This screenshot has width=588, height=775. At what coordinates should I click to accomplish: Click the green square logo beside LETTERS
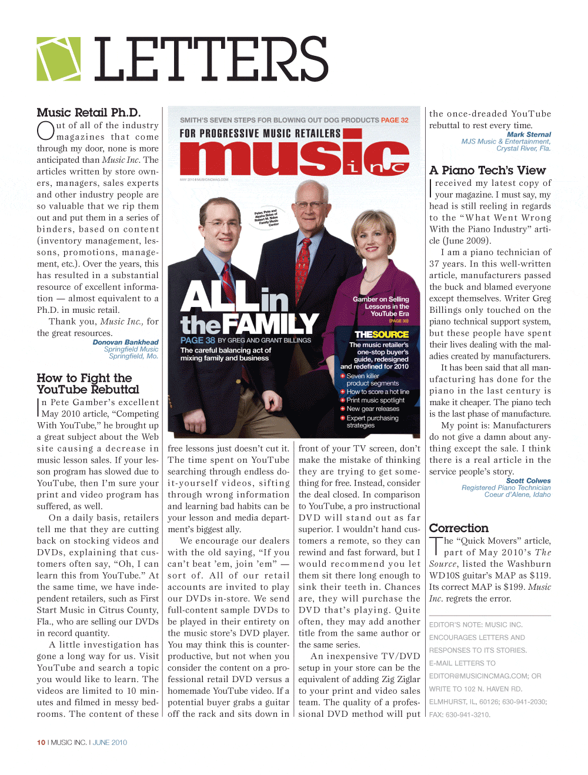click(59, 59)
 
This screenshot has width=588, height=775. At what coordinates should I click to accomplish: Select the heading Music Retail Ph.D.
click(88, 112)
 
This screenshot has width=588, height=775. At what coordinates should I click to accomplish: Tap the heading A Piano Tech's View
click(487, 171)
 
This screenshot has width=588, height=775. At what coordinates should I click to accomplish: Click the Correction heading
click(459, 528)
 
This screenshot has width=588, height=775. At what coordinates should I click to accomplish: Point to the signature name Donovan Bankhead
click(125, 342)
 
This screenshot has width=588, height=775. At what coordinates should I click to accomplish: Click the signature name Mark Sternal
click(529, 135)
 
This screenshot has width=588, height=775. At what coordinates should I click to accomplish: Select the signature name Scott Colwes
click(528, 480)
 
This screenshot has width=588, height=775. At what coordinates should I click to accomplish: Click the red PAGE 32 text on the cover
click(394, 120)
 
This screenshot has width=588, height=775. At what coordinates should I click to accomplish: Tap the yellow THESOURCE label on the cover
click(381, 335)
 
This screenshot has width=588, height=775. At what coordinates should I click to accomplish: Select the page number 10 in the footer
click(41, 743)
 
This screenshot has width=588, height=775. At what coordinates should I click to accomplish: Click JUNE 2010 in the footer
click(110, 743)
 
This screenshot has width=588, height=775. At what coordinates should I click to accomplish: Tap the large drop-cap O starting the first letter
click(46, 131)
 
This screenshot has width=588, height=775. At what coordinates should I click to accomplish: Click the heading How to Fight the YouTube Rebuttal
click(88, 383)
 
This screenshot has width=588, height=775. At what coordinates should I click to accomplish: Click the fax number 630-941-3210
click(467, 715)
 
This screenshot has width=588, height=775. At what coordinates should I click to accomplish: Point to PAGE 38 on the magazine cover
click(198, 340)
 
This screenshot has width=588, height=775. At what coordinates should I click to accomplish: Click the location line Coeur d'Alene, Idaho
click(517, 495)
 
